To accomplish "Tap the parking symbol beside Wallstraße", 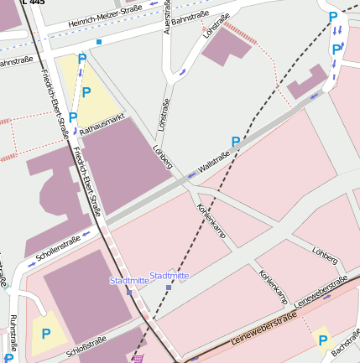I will (x=236, y=142).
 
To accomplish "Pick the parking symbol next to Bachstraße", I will (x=322, y=339).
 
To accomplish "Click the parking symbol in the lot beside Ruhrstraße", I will (x=46, y=333).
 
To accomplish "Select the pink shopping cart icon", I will (x=137, y=358).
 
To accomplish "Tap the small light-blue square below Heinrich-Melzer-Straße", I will (x=99, y=41).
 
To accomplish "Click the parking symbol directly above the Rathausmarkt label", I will (x=86, y=92).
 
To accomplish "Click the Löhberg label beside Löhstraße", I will (x=161, y=157).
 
